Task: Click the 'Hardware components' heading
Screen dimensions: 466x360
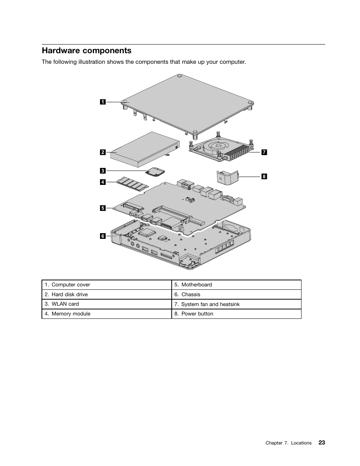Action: click(x=86, y=51)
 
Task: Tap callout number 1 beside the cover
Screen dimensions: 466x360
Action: click(x=103, y=102)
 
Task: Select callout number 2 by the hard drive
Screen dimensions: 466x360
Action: click(x=103, y=152)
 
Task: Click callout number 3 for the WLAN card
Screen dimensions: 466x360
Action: click(x=103, y=171)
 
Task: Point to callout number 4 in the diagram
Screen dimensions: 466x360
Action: click(x=103, y=182)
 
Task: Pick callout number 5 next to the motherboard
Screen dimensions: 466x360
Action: click(x=103, y=208)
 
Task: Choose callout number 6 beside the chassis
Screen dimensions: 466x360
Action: click(x=103, y=236)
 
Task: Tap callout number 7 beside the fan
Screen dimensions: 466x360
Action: click(x=264, y=152)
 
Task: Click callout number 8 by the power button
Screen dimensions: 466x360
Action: click(x=264, y=176)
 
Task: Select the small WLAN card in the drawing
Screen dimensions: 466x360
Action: click(x=155, y=172)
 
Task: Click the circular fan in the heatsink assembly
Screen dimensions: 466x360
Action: click(x=217, y=146)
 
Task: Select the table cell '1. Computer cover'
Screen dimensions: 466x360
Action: click(x=106, y=285)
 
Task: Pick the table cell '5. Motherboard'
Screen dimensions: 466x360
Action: click(x=236, y=285)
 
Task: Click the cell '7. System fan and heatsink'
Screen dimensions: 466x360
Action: click(x=236, y=304)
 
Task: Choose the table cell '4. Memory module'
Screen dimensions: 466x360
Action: click(x=106, y=314)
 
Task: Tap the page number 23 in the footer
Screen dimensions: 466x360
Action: click(x=321, y=443)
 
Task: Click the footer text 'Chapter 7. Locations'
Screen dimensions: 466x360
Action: click(x=288, y=443)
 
